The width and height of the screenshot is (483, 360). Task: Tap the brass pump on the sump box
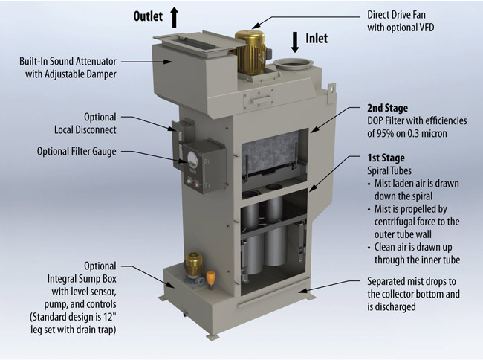[195, 264]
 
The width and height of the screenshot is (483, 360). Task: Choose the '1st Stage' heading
[386, 158]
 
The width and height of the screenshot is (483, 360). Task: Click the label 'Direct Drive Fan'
[398, 14]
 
